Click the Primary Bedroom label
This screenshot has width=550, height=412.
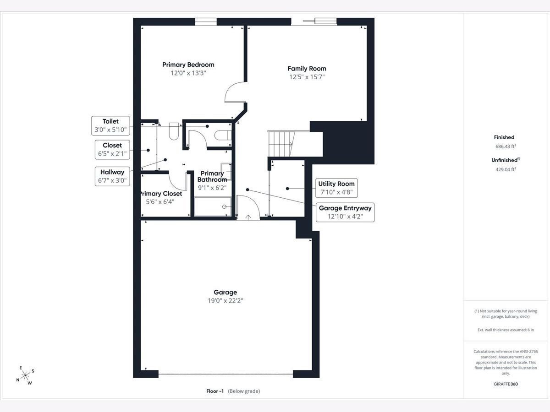click(188, 65)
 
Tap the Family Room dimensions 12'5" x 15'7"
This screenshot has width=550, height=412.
click(307, 77)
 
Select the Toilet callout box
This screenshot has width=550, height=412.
click(110, 125)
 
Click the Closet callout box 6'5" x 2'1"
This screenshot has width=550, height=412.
click(112, 150)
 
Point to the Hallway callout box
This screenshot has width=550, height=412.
click(112, 176)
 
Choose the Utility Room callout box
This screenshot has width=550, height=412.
click(336, 188)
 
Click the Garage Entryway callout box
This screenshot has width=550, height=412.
click(345, 212)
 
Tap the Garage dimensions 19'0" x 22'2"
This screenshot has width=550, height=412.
click(225, 301)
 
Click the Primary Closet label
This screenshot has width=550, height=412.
click(160, 194)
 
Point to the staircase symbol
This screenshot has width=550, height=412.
click(281, 144)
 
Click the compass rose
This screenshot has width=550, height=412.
click(25, 375)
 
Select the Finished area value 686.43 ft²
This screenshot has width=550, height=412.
click(506, 146)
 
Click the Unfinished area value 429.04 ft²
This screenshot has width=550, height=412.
click(506, 169)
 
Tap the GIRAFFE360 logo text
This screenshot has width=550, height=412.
click(506, 384)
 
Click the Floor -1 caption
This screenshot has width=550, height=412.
click(233, 391)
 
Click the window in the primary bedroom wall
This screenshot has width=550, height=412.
click(206, 22)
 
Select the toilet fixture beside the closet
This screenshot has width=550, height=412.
click(174, 131)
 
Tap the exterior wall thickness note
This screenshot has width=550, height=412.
click(506, 330)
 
